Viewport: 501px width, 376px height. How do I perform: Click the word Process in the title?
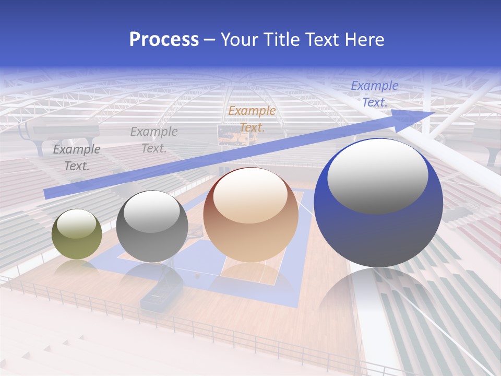click(164, 40)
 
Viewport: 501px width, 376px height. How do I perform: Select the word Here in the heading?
click(365, 40)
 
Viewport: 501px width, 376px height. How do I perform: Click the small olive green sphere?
click(77, 234)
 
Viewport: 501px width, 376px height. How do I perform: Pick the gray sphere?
click(152, 226)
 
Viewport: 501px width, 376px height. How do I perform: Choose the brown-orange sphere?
click(250, 215)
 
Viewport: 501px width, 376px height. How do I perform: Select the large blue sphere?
click(378, 203)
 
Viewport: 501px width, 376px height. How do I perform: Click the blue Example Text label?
click(375, 94)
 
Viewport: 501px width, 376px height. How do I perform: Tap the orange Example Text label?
click(252, 119)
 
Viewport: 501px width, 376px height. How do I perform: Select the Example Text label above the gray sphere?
click(154, 140)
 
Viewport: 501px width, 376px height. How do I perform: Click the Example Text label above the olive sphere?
click(77, 158)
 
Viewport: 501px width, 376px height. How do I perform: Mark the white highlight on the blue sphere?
click(377, 175)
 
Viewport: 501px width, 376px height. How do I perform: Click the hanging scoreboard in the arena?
click(237, 135)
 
